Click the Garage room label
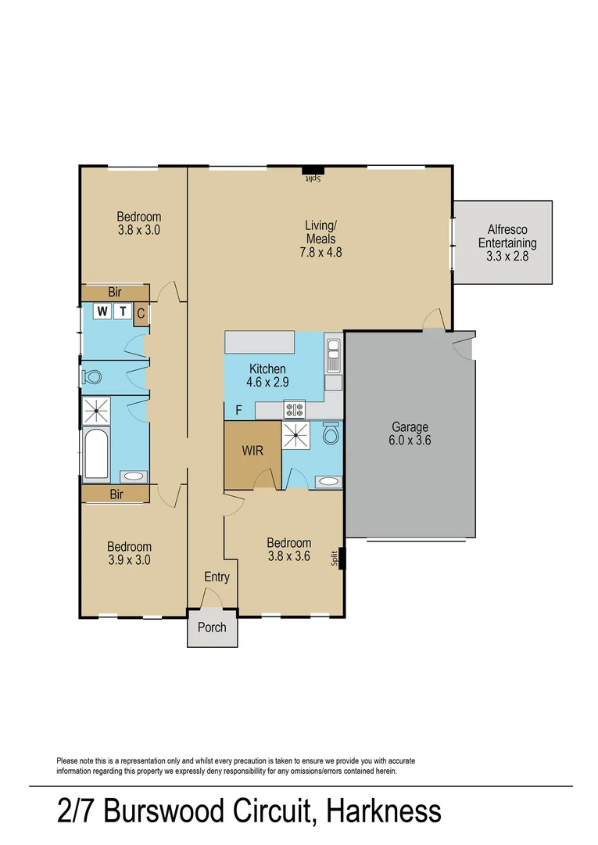click(410, 433)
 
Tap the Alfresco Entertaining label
click(507, 243)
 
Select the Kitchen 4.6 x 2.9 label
click(267, 376)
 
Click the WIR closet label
click(252, 450)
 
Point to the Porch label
click(212, 627)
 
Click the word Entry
click(217, 577)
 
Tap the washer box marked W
click(102, 311)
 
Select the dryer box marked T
click(123, 311)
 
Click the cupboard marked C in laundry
click(141, 313)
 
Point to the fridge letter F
click(239, 411)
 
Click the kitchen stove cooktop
click(295, 409)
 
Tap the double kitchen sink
click(333, 356)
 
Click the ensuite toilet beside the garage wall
click(331, 432)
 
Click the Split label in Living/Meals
click(314, 178)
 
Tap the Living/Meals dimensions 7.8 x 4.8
click(320, 252)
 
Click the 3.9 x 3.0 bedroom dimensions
click(129, 560)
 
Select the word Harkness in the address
click(384, 811)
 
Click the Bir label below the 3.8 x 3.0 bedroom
click(115, 292)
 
